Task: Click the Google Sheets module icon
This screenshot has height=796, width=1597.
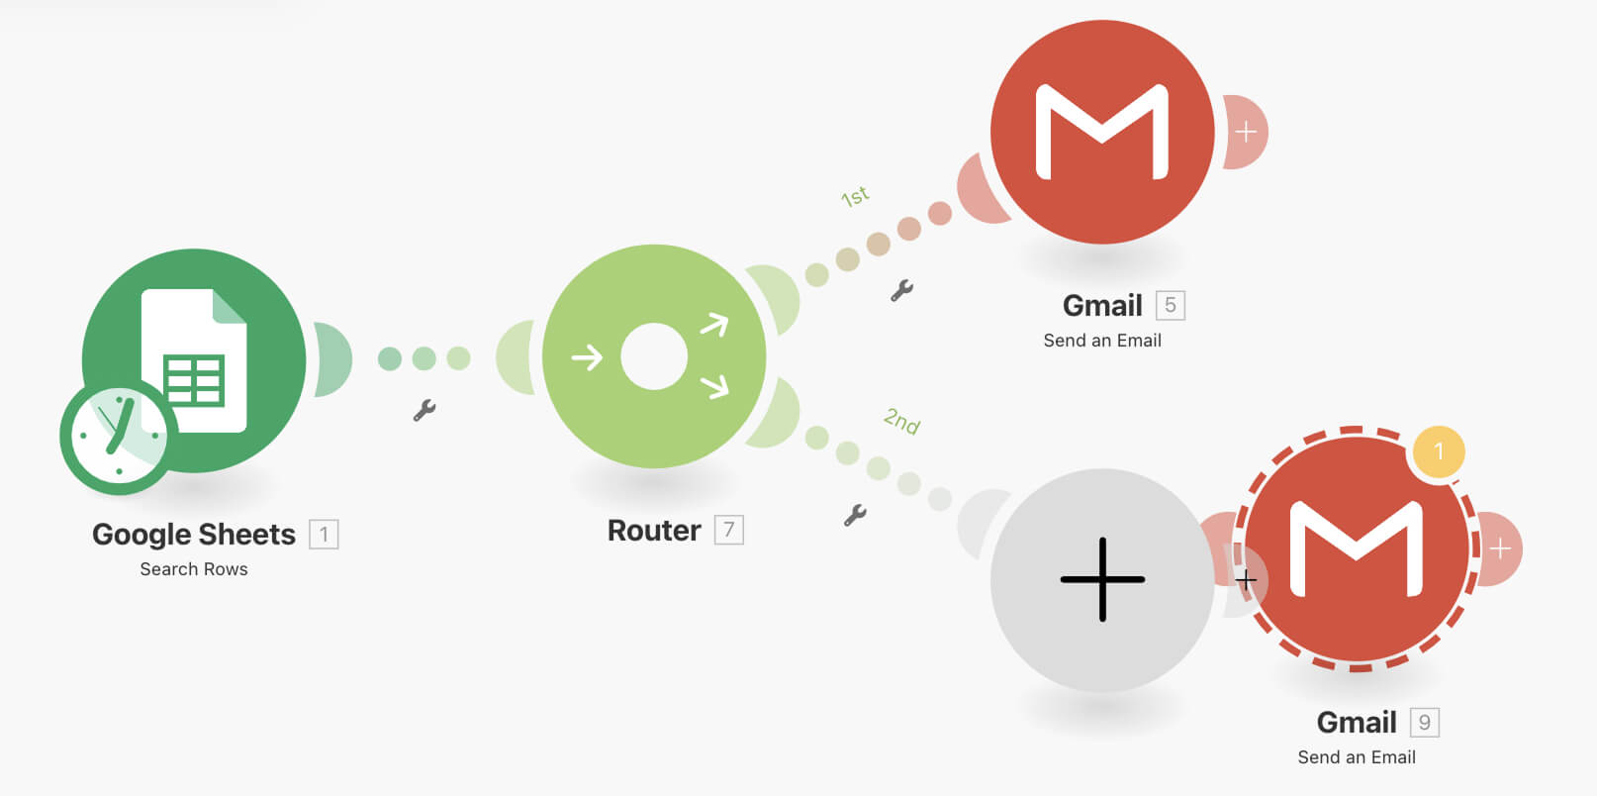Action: click(x=194, y=359)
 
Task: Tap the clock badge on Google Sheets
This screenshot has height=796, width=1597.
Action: click(x=118, y=437)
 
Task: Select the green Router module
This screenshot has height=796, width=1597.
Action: click(x=654, y=356)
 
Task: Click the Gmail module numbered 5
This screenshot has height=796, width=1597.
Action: click(x=1102, y=132)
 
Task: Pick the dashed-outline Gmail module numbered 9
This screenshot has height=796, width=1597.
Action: click(x=1356, y=549)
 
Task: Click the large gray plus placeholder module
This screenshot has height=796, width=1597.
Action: click(x=1102, y=580)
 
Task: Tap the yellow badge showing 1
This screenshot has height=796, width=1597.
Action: click(x=1439, y=451)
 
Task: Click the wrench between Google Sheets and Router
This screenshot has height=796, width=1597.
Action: click(x=424, y=410)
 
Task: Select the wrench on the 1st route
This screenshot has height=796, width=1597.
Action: click(x=901, y=290)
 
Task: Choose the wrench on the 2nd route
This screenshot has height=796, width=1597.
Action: click(x=855, y=515)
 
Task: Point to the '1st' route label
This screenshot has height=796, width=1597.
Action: click(x=855, y=196)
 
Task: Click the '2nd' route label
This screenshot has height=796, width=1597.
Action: click(x=901, y=421)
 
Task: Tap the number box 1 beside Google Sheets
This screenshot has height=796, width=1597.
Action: click(x=324, y=535)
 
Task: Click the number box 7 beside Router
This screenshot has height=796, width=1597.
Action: click(x=728, y=530)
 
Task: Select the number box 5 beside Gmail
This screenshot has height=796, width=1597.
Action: click(x=1170, y=305)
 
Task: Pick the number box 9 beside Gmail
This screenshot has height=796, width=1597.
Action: click(x=1425, y=723)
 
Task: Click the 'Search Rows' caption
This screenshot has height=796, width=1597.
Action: click(x=194, y=569)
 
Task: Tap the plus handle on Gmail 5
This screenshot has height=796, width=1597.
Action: click(x=1246, y=132)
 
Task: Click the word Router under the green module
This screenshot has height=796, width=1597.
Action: click(x=654, y=531)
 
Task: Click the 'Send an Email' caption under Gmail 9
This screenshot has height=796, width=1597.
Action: click(x=1356, y=757)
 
